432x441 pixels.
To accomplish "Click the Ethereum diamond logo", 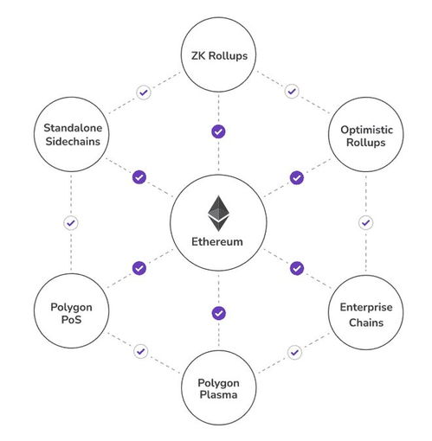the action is [218, 214].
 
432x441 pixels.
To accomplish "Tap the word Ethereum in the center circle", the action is [217, 241].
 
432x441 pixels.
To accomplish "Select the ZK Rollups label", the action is [219, 55].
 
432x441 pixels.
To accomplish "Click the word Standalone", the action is [73, 128].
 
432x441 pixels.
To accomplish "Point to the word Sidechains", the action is [73, 141].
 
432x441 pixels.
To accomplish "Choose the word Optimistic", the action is [366, 130].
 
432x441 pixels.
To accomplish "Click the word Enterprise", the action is [366, 307].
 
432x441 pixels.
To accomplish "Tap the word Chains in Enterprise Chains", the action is [366, 323].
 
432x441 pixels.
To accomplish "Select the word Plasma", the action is [218, 394].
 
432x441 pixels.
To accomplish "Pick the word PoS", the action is [71, 319].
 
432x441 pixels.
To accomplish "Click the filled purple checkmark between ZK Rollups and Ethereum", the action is [218, 131].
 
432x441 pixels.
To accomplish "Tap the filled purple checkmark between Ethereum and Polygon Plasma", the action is [219, 313].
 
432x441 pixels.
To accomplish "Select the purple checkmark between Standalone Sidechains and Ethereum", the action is [139, 177].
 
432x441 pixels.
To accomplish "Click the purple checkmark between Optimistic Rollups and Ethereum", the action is [297, 178].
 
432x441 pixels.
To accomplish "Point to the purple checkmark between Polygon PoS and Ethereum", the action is [139, 268].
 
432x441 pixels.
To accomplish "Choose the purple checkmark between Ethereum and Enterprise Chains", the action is [297, 268].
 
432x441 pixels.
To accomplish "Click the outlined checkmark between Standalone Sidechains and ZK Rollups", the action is [144, 93].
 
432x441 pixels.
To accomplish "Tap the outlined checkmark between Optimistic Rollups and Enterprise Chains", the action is [365, 222].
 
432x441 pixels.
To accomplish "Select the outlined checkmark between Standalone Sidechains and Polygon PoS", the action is [71, 223].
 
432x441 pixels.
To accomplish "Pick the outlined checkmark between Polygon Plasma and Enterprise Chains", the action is [294, 352].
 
